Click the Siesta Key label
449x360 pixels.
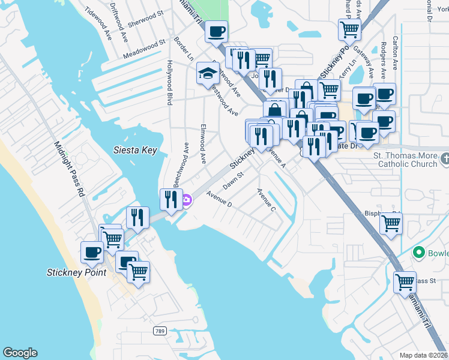pos(136,150)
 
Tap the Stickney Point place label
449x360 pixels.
pos(76,272)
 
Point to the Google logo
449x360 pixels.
pos(20,353)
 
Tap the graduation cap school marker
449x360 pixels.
pos(208,74)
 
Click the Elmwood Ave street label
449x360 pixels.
pos(203,145)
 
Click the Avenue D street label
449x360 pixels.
pos(218,199)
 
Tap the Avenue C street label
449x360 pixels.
pos(265,200)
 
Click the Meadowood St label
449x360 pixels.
pos(144,49)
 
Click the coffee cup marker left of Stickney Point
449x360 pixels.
pos(92,253)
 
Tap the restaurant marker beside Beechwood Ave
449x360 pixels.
pos(171,199)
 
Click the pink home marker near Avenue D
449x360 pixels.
pos(187,200)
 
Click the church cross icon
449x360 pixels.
pos(444,159)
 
